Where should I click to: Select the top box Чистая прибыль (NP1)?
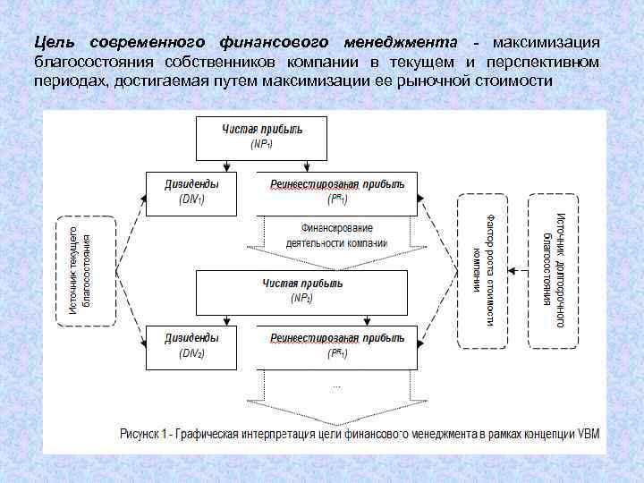[x=262, y=136]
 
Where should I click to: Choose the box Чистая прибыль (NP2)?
[x=301, y=292]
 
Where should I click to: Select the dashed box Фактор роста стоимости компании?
[x=483, y=270]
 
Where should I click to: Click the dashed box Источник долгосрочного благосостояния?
[x=553, y=270]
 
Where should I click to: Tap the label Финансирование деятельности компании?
[x=336, y=235]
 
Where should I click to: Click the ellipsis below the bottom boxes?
[x=337, y=386]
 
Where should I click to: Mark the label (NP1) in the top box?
[x=262, y=143]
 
